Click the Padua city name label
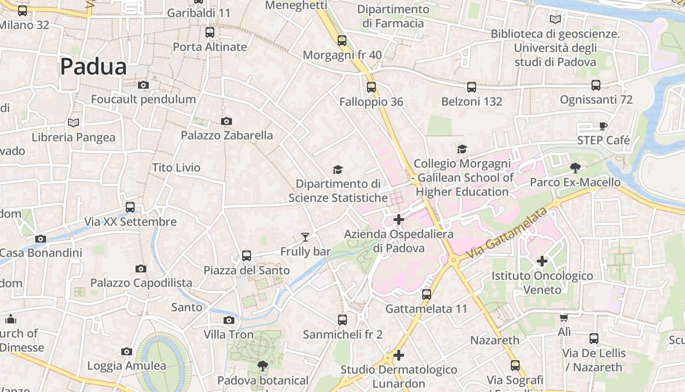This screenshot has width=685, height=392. [93, 67]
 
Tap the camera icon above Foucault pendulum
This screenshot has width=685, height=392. [143, 85]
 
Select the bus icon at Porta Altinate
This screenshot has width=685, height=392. [210, 32]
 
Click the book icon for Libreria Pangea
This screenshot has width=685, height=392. [73, 122]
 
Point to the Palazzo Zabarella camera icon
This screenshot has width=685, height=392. [227, 121]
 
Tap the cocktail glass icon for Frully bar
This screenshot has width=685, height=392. [305, 237]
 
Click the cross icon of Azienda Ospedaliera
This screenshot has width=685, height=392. [399, 220]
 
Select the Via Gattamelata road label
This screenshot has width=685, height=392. [506, 233]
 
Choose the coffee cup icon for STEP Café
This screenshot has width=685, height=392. [603, 126]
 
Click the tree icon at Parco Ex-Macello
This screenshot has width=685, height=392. [575, 168]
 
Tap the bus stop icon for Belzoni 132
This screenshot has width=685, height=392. [472, 87]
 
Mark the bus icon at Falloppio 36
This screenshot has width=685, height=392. [371, 87]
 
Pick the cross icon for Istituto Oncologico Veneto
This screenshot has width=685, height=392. [542, 261]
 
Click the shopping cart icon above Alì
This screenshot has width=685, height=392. [564, 318]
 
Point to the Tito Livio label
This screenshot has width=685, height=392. [176, 168]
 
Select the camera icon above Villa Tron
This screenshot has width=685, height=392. [228, 320]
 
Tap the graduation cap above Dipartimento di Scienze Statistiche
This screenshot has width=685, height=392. [338, 170]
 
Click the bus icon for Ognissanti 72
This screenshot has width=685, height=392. [596, 85]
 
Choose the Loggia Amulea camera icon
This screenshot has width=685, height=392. [127, 351]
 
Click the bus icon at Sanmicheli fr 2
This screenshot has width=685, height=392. [342, 320]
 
